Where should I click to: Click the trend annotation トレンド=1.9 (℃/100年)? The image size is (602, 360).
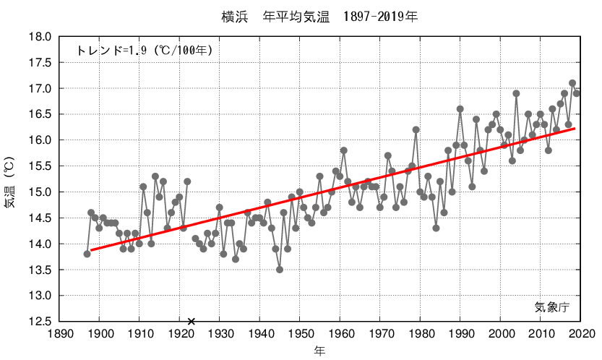click(x=145, y=51)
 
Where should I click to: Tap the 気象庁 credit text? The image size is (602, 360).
click(x=552, y=307)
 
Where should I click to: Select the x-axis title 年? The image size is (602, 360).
click(x=319, y=351)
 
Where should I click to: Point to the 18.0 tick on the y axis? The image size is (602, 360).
click(x=40, y=36)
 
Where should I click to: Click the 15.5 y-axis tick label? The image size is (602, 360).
click(x=40, y=166)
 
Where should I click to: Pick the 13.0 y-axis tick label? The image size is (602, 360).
click(x=40, y=296)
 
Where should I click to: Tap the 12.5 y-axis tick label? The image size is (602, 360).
click(x=40, y=322)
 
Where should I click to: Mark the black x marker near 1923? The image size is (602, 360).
click(x=192, y=321)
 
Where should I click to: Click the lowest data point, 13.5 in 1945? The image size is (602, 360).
click(x=280, y=270)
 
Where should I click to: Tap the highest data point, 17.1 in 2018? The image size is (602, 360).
click(x=572, y=83)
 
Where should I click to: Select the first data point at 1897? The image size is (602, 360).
click(x=87, y=254)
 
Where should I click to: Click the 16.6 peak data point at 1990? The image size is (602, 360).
click(x=460, y=109)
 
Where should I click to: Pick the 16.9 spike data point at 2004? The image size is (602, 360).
click(x=516, y=93)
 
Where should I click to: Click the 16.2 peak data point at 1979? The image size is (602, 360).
click(x=416, y=129)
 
